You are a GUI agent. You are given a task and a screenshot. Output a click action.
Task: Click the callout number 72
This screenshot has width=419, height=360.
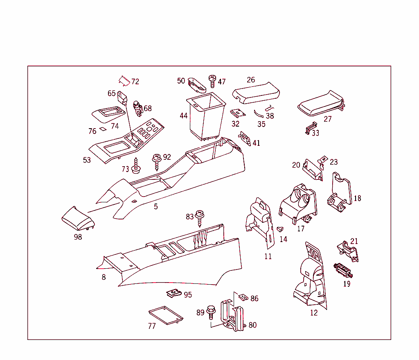coord(135,82)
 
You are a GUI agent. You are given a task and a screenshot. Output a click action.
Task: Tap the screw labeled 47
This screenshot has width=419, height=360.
coord(212,81)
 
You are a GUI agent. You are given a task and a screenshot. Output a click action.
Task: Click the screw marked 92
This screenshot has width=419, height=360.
coord(156,161)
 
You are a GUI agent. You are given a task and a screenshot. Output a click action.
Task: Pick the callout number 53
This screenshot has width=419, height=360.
coord(87,160)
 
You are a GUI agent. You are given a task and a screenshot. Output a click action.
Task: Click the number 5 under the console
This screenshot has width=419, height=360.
coord(156,206)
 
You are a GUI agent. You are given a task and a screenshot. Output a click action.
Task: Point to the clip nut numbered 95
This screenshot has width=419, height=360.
coord(173,294)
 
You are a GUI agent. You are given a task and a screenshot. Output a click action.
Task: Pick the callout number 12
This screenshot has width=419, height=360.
coord(314,312)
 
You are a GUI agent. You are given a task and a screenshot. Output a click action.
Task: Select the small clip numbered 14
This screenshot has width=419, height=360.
coord(280,230)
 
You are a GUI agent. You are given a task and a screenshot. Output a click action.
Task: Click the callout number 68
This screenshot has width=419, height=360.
coord(147,108)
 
